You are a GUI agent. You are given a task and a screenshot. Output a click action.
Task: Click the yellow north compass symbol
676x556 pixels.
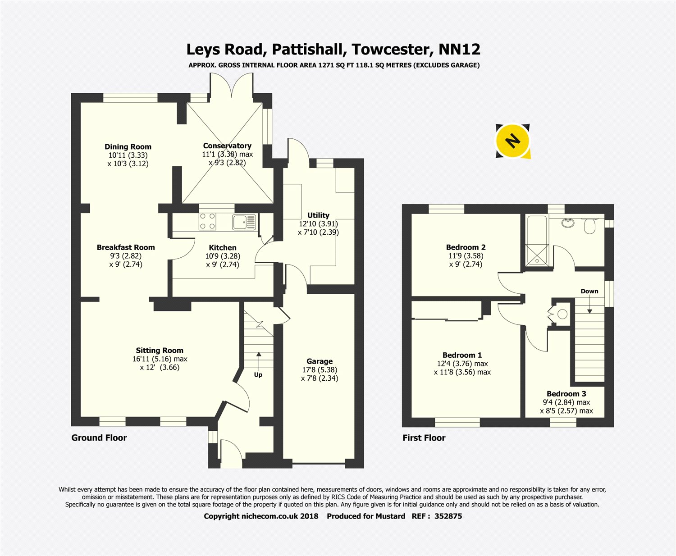(x=512, y=141)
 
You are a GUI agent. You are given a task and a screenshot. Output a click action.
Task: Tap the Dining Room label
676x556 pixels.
(x=128, y=147)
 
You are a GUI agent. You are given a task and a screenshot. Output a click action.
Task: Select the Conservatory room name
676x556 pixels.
(x=227, y=146)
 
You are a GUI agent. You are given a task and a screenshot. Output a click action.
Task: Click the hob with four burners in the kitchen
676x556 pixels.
(x=207, y=221)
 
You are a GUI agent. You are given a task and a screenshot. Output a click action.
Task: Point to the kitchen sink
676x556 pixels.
(x=244, y=222)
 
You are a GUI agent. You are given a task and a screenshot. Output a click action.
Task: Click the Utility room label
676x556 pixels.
(x=318, y=215)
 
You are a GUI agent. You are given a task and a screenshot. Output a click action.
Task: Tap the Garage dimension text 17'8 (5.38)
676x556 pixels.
(x=320, y=370)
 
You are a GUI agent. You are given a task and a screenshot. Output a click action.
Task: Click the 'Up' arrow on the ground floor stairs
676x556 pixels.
(x=259, y=360)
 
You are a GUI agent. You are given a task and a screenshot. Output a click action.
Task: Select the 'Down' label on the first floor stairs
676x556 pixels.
(x=589, y=291)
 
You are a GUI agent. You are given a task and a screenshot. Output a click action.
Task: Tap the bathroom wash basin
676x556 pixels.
(x=568, y=223)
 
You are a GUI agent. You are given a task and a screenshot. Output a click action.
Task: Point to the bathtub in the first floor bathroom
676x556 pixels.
(x=537, y=240)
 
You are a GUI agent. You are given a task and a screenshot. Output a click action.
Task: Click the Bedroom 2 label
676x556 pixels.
(x=466, y=247)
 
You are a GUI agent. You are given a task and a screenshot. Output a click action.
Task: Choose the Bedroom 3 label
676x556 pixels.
(x=566, y=394)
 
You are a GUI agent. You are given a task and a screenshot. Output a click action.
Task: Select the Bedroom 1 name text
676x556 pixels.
(x=462, y=355)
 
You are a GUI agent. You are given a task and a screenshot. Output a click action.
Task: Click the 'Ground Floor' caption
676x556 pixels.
(x=99, y=438)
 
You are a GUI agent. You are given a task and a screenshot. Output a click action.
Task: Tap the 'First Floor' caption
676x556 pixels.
(x=424, y=438)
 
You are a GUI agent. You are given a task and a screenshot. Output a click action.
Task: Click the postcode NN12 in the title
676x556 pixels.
(x=459, y=50)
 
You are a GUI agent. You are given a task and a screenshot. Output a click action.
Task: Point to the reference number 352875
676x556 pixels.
(x=448, y=516)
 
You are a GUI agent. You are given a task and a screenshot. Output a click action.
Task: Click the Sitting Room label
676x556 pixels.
(x=160, y=351)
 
